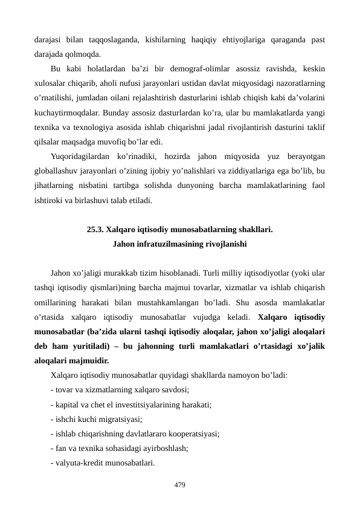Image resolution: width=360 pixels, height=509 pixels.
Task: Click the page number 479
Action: (179, 485)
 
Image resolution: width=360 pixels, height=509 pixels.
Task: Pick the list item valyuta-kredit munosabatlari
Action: (103, 463)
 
